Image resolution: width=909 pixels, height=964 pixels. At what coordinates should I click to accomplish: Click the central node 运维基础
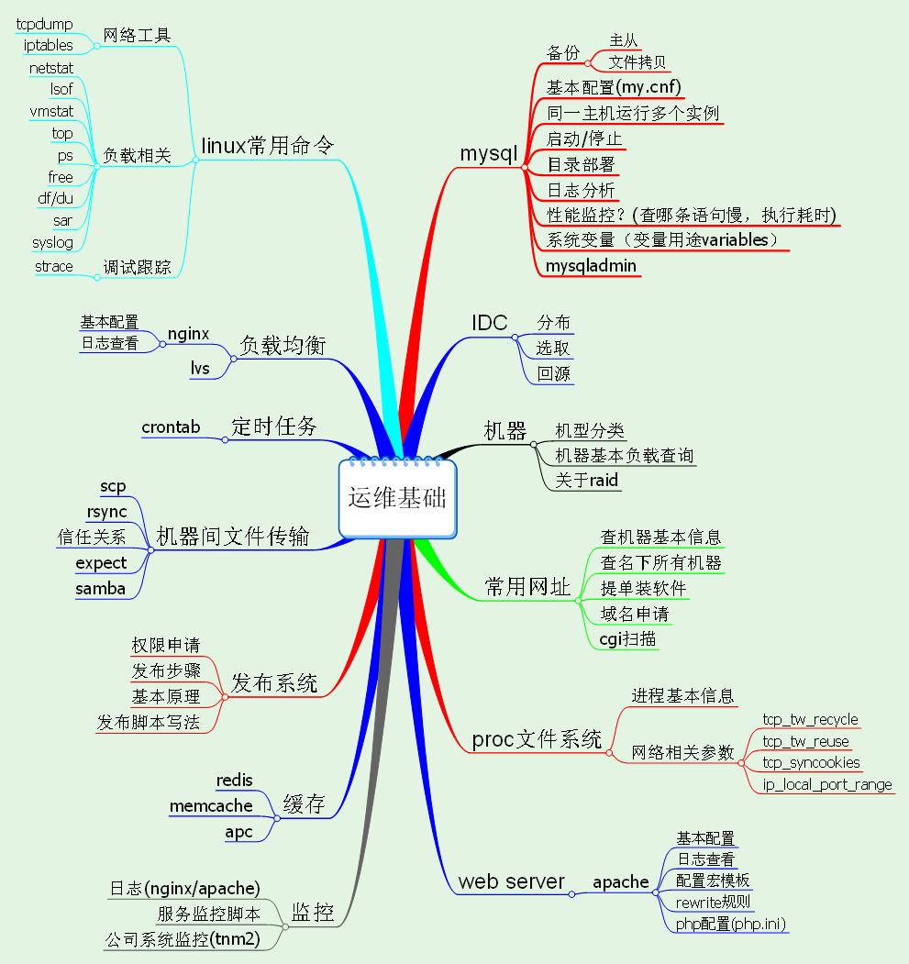pos(397,497)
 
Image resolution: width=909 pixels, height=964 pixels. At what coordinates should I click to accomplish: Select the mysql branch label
pos(489,154)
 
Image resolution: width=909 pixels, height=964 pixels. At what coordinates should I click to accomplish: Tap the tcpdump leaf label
pos(45,24)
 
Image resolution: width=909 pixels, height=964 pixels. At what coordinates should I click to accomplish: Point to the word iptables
pos(49,45)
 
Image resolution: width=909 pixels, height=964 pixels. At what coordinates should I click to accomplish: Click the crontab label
pos(171,427)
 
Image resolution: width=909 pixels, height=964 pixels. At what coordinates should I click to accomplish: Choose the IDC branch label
pos(489,323)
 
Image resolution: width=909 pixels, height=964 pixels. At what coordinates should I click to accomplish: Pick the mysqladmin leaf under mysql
pos(591,266)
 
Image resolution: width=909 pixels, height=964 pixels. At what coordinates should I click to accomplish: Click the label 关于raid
pos(587,480)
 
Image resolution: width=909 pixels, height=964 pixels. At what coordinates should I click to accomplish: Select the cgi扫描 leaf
pos(627,639)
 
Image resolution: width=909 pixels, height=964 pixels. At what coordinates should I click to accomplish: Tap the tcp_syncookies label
pos(811,763)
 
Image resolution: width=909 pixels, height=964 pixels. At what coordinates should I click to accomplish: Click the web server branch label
pos(511,882)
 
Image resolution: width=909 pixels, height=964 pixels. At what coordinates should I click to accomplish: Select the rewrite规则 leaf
pos(713,903)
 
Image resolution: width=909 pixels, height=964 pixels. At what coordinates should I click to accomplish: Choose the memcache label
pos(211,805)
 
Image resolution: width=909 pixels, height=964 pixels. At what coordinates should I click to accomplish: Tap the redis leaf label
pos(234,781)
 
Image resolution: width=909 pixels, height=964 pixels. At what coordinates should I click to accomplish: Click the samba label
pos(100,589)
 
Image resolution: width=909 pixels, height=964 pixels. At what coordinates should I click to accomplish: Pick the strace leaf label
pos(53,267)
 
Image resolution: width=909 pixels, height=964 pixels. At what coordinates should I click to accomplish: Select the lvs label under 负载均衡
pos(200,368)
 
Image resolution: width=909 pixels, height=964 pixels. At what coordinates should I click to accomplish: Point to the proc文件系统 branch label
pos(537,739)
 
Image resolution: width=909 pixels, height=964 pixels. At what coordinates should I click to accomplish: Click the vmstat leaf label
pos(51,112)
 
